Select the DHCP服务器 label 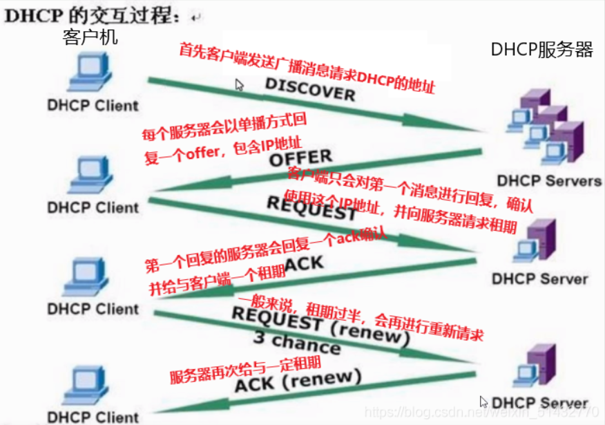(542, 49)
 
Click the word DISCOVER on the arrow (310, 88)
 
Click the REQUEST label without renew (312, 208)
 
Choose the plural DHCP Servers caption (550, 181)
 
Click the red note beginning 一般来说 (359, 319)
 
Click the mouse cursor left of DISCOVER (239, 85)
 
